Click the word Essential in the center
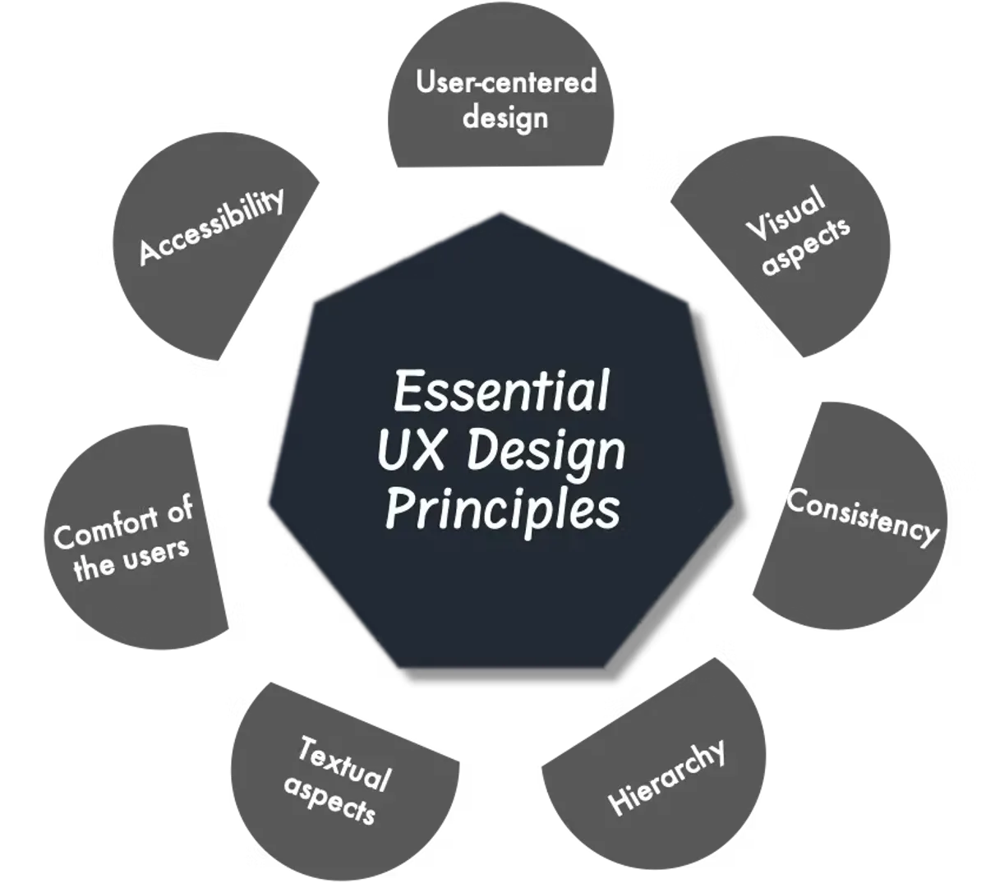(500, 391)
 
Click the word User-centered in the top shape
(506, 81)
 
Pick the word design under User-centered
(505, 118)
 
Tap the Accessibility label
(211, 227)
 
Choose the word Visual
(785, 214)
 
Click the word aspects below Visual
(806, 247)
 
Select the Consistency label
(862, 518)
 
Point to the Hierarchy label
(666, 777)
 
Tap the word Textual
(344, 763)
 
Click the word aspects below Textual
(330, 801)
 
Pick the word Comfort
(107, 528)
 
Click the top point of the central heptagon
(500, 213)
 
